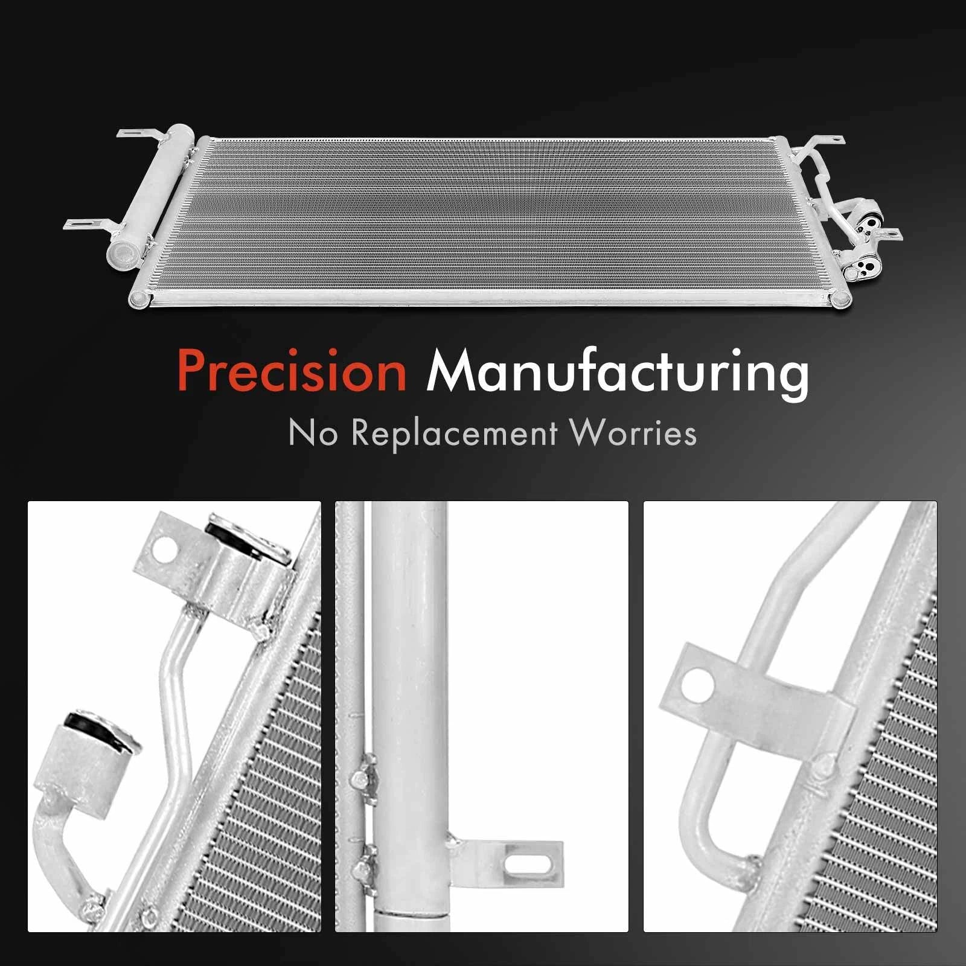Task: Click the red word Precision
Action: click(292, 370)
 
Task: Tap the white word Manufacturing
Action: click(618, 373)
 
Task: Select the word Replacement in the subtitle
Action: click(455, 433)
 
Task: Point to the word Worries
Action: click(633, 432)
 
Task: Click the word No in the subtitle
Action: click(313, 433)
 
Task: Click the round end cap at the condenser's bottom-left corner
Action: click(138, 298)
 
